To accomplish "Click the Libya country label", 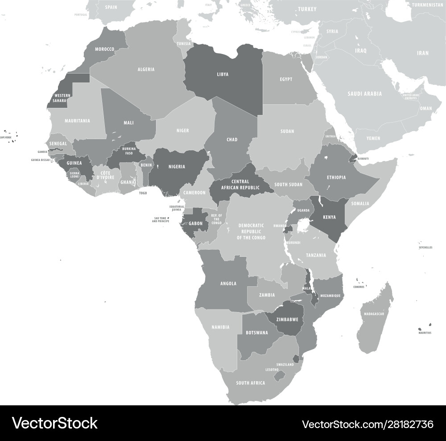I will click(223, 74).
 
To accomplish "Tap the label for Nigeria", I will click(178, 167).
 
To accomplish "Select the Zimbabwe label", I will click(287, 320).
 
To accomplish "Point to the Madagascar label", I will click(374, 314).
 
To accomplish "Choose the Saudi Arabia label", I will click(364, 94).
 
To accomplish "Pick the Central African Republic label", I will click(240, 185).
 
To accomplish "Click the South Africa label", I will click(250, 383).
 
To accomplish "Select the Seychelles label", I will click(425, 247).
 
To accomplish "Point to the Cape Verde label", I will click(6, 138).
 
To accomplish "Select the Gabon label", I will click(195, 223).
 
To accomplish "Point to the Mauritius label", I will click(425, 333).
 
